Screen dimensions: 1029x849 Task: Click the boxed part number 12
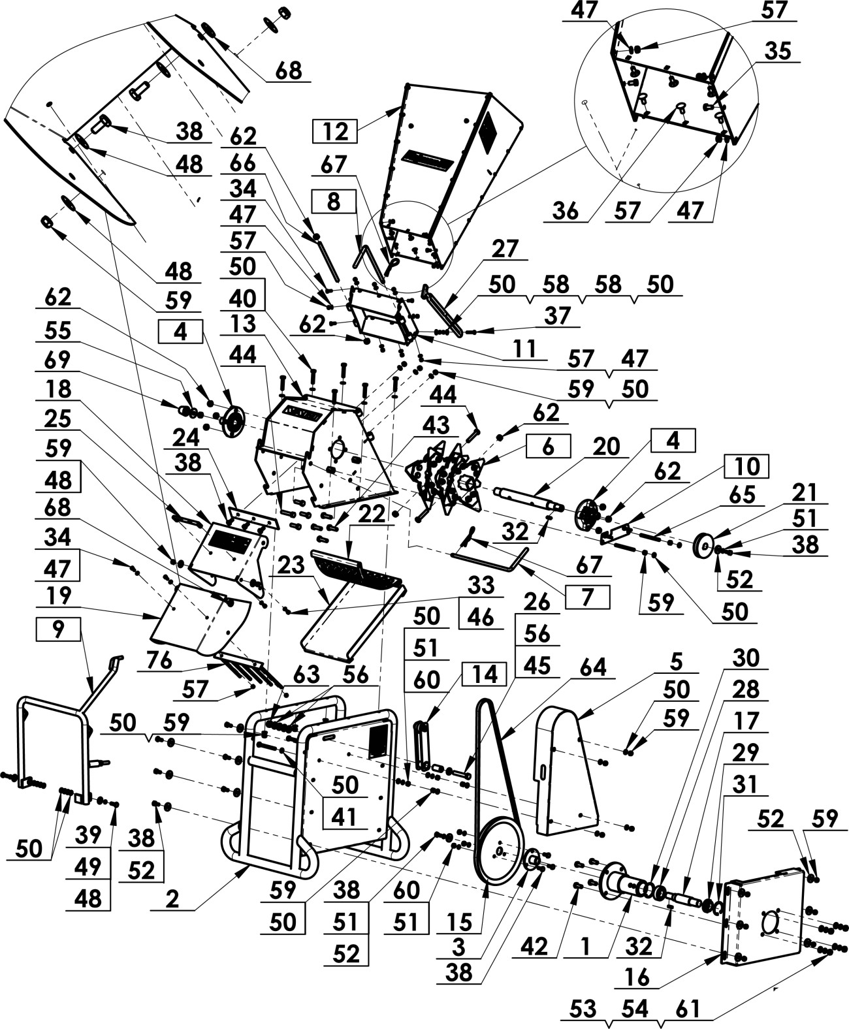(336, 132)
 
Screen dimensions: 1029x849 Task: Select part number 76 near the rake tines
(160, 661)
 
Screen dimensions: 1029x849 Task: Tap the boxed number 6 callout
(547, 447)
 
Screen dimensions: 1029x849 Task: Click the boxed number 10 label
(745, 467)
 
